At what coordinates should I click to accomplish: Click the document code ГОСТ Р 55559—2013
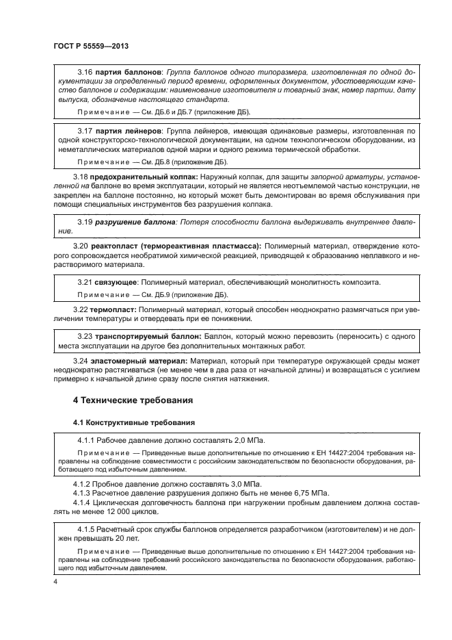click(91, 46)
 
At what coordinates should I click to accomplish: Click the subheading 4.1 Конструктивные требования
click(134, 422)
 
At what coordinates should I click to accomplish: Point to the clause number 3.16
click(85, 72)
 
